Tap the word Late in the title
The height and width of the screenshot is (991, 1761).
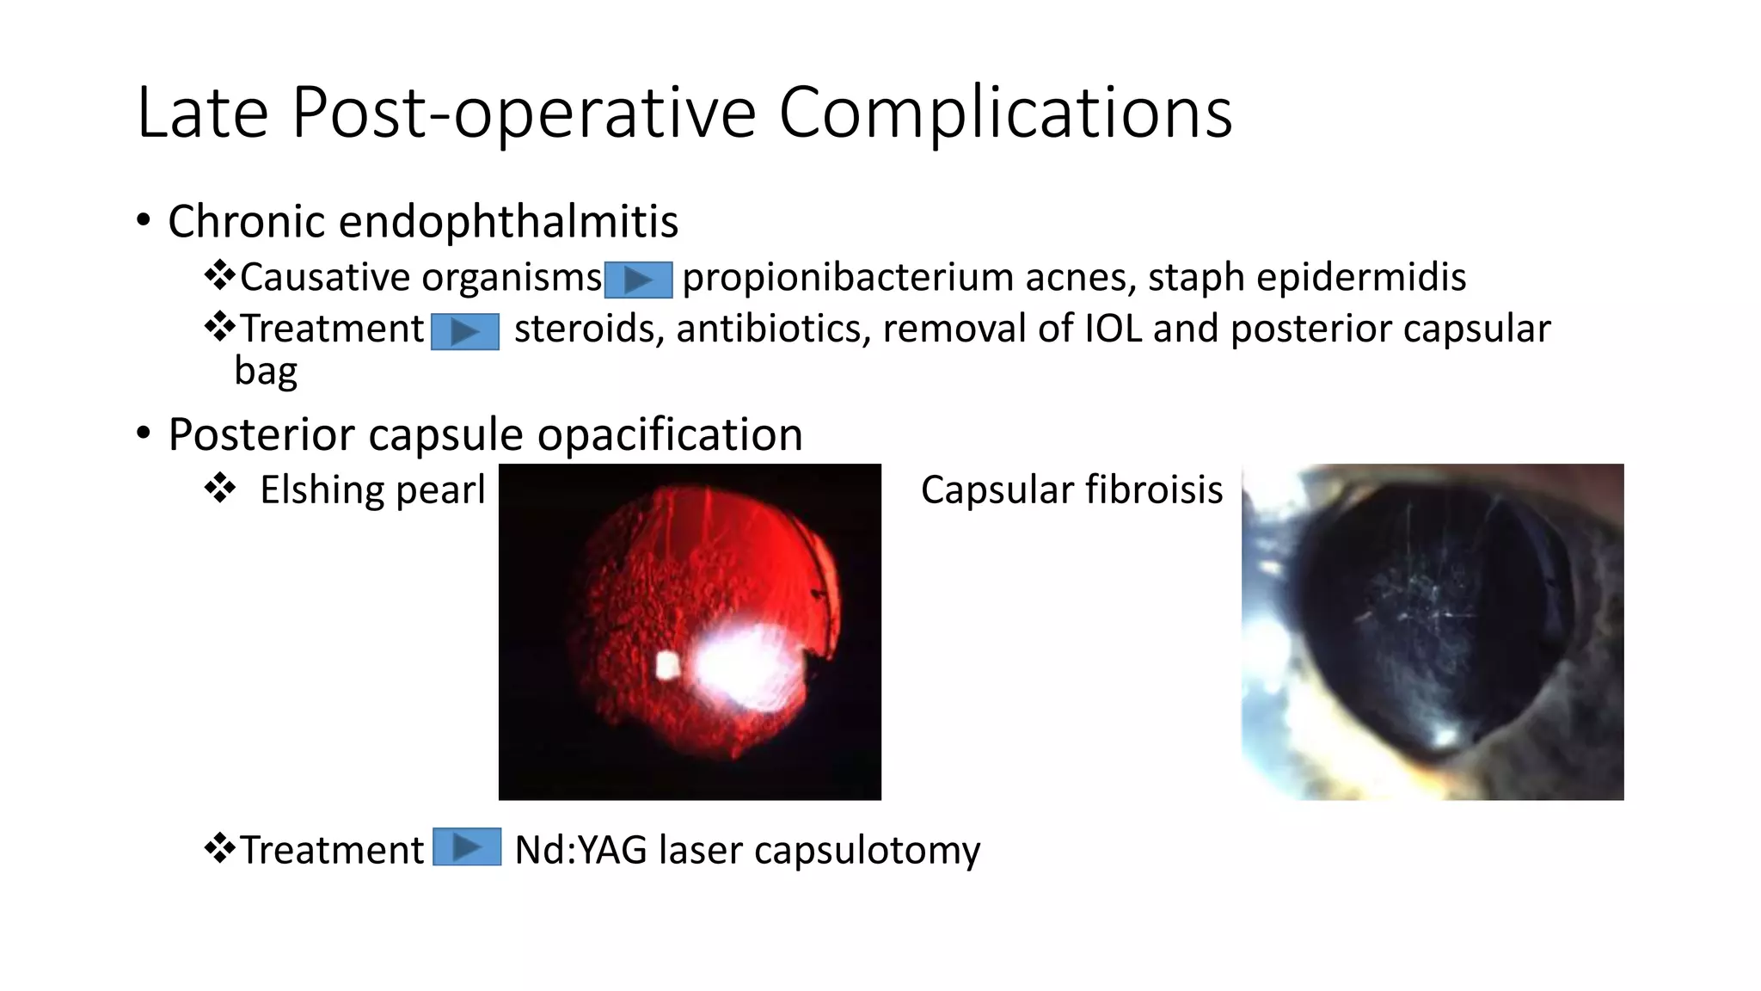(202, 113)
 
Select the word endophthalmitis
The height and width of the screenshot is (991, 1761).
(508, 222)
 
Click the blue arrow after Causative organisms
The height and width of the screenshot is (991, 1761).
(638, 280)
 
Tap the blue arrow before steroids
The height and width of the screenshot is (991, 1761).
(464, 331)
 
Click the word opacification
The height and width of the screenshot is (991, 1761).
(670, 434)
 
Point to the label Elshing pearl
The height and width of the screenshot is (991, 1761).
(372, 490)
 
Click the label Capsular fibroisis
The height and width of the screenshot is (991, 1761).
(1071, 490)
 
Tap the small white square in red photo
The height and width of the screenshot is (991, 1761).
(667, 665)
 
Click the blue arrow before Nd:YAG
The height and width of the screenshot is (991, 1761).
(466, 846)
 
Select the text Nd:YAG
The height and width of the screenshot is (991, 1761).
(580, 850)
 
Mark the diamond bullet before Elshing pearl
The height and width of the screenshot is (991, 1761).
(220, 489)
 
